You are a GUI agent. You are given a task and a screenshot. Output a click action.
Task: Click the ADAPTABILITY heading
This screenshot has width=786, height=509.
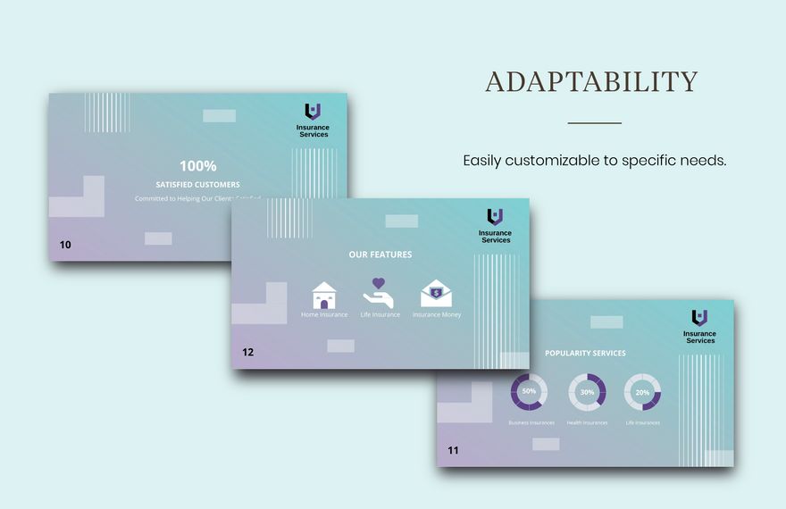pyautogui.click(x=590, y=81)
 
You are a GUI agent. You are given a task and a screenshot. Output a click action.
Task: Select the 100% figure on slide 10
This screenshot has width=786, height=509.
pyautogui.click(x=197, y=165)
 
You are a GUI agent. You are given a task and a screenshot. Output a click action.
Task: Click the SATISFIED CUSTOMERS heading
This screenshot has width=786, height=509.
pyautogui.click(x=197, y=185)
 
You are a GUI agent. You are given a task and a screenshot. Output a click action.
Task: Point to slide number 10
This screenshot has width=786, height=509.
pyautogui.click(x=65, y=245)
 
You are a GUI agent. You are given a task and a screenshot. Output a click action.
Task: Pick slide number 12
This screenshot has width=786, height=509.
pyautogui.click(x=247, y=352)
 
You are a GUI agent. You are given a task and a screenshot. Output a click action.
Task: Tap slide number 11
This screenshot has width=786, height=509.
pyautogui.click(x=453, y=450)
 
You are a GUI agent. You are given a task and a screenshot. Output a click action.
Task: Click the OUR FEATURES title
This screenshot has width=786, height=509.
pyautogui.click(x=380, y=254)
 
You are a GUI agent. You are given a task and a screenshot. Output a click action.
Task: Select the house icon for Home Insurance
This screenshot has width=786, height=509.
pyautogui.click(x=324, y=296)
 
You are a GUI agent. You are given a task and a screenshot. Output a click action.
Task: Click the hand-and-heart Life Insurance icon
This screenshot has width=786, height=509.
pyautogui.click(x=378, y=294)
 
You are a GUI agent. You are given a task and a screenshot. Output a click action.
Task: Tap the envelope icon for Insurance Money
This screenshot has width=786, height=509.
pyautogui.click(x=436, y=294)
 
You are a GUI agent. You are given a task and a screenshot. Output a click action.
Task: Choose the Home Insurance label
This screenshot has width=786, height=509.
pyautogui.click(x=324, y=315)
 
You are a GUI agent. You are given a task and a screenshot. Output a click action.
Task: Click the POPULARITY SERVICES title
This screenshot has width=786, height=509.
pyautogui.click(x=585, y=353)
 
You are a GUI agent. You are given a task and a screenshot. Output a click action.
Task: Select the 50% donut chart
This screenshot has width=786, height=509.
pyautogui.click(x=529, y=392)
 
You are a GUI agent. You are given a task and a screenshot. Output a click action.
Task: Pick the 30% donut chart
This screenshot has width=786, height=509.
pyautogui.click(x=587, y=392)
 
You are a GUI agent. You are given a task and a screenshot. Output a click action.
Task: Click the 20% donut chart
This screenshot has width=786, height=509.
pyautogui.click(x=642, y=392)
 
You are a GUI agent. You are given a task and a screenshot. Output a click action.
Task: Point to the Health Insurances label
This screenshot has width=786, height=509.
pyautogui.click(x=587, y=422)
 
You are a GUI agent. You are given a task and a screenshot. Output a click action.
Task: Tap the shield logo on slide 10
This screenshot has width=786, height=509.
pyautogui.click(x=313, y=112)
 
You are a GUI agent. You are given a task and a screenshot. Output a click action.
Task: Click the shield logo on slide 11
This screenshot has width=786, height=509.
pyautogui.click(x=699, y=317)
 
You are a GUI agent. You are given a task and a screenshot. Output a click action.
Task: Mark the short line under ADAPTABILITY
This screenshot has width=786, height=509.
pyautogui.click(x=594, y=122)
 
